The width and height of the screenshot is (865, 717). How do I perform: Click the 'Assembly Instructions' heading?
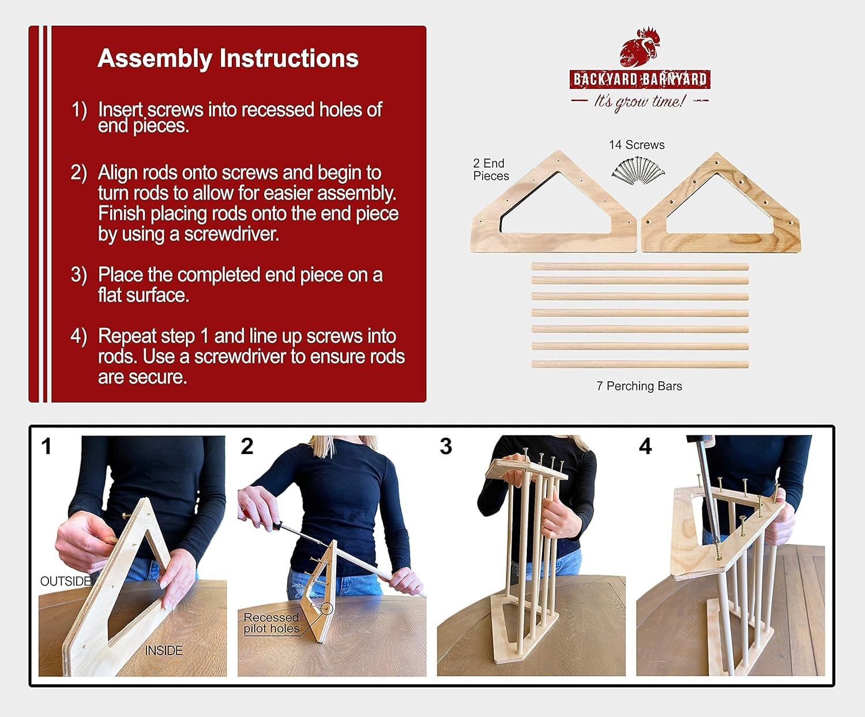228,58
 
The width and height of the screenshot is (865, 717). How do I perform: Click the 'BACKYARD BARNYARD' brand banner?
640,79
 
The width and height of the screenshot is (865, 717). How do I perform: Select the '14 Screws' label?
636,145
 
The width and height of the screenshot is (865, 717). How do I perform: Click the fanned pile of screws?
638,170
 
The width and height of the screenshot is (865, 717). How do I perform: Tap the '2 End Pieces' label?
491,170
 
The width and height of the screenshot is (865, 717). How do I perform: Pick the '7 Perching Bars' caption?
639,386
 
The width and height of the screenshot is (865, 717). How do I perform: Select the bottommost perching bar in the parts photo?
640,365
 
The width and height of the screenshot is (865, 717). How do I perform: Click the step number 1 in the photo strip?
46,446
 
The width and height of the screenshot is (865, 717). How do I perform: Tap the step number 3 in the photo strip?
446,446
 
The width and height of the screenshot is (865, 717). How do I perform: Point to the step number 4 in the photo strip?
645,446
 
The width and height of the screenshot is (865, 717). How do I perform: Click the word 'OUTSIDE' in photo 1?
66,581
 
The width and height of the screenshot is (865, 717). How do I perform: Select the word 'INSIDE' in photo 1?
164,650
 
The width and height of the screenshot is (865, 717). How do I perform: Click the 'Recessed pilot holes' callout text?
272,622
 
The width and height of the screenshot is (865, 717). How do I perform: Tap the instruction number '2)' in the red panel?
78,173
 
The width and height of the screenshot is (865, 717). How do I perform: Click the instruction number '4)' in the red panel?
78,336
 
